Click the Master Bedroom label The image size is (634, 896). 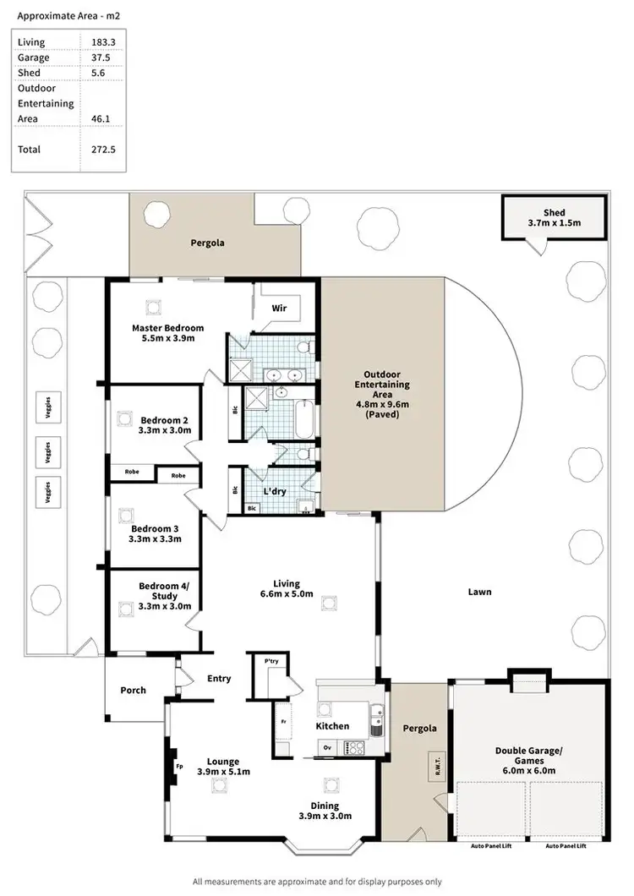pyautogui.click(x=167, y=328)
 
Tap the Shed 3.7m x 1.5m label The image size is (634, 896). pyautogui.click(x=554, y=218)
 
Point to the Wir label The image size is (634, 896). pyautogui.click(x=279, y=309)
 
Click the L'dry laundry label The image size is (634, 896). pyautogui.click(x=274, y=491)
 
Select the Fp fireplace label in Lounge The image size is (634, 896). pyautogui.click(x=179, y=767)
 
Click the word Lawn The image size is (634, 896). pyautogui.click(x=479, y=592)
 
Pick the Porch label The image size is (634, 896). pyautogui.click(x=133, y=691)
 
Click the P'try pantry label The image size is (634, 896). pyautogui.click(x=271, y=661)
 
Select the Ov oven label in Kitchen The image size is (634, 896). pyautogui.click(x=327, y=747)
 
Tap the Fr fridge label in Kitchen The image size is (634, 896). pyautogui.click(x=284, y=723)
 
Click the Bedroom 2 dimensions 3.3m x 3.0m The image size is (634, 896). pyautogui.click(x=166, y=430)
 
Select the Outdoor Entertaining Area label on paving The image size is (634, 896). pyautogui.click(x=386, y=394)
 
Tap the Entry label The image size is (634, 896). pyautogui.click(x=219, y=678)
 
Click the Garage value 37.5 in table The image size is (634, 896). pyautogui.click(x=102, y=57)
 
